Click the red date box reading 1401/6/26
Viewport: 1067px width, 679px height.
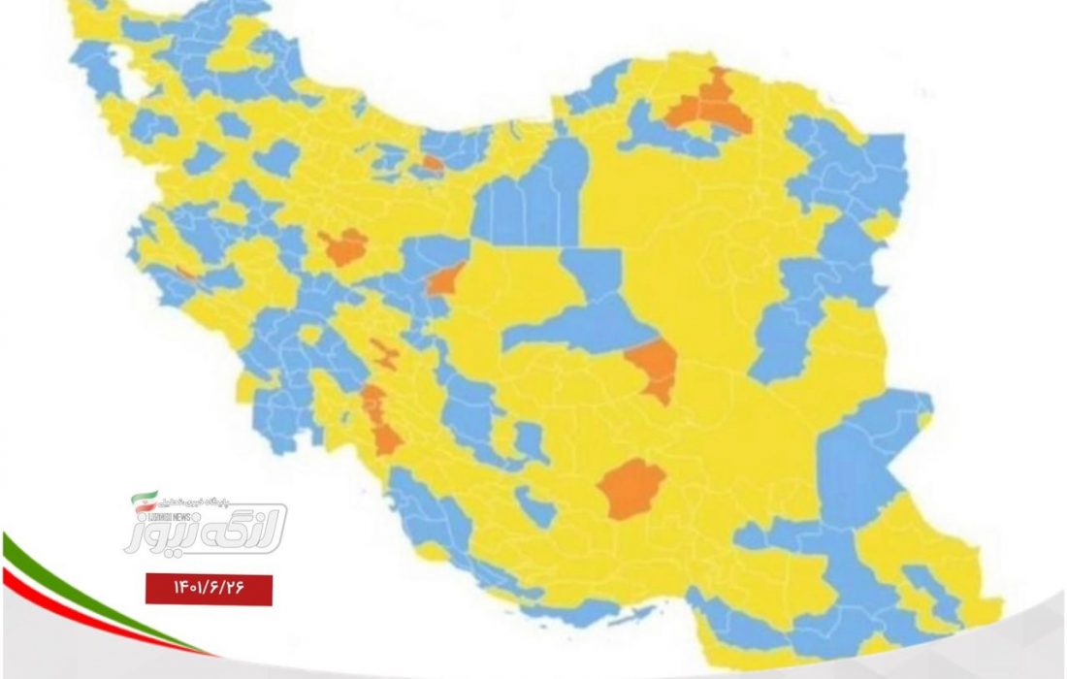coord(209,588)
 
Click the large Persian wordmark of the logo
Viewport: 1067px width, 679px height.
coord(209,527)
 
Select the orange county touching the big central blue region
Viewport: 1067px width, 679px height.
coord(652,369)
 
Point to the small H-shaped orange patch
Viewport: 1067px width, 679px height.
coord(387,355)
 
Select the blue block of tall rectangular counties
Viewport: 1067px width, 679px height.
coord(529,199)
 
